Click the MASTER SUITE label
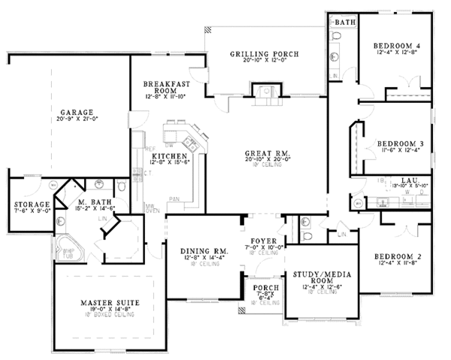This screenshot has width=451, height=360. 107,302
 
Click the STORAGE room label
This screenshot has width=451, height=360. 32,204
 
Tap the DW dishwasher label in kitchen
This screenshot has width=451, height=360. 171,144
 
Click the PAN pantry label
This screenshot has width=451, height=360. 174,199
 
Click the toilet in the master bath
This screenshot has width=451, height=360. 120,186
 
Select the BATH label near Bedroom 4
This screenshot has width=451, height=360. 345,23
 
